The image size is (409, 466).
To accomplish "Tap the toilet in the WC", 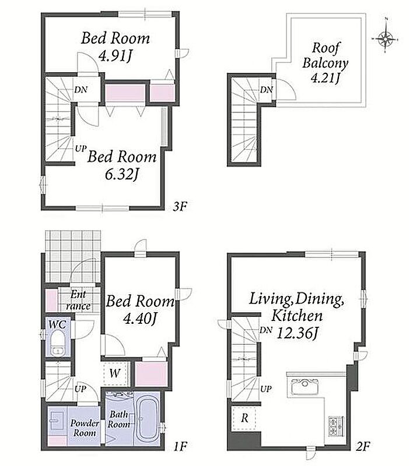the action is click(57, 344).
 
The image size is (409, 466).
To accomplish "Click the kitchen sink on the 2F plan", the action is click(305, 386).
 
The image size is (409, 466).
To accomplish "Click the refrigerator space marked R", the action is click(244, 418).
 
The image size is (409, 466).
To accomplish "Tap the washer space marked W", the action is click(115, 373).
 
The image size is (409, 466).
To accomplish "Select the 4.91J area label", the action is click(115, 56).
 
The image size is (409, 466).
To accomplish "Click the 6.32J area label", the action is click(122, 174).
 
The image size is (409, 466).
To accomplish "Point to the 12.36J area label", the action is click(298, 333).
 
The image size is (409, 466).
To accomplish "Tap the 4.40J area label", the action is click(140, 319).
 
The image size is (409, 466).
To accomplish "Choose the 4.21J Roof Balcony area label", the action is click(326, 78).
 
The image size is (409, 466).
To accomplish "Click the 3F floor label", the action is click(180, 206).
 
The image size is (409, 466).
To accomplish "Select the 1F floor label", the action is click(180, 447).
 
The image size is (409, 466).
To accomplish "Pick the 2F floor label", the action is click(363, 446).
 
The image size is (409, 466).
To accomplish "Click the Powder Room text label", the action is click(85, 428).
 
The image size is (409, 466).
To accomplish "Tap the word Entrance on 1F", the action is click(78, 301).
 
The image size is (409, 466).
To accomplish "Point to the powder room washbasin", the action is click(56, 420).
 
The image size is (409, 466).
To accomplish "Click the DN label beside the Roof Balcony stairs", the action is click(267, 90).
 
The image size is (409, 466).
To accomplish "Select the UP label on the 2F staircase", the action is click(265, 389).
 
